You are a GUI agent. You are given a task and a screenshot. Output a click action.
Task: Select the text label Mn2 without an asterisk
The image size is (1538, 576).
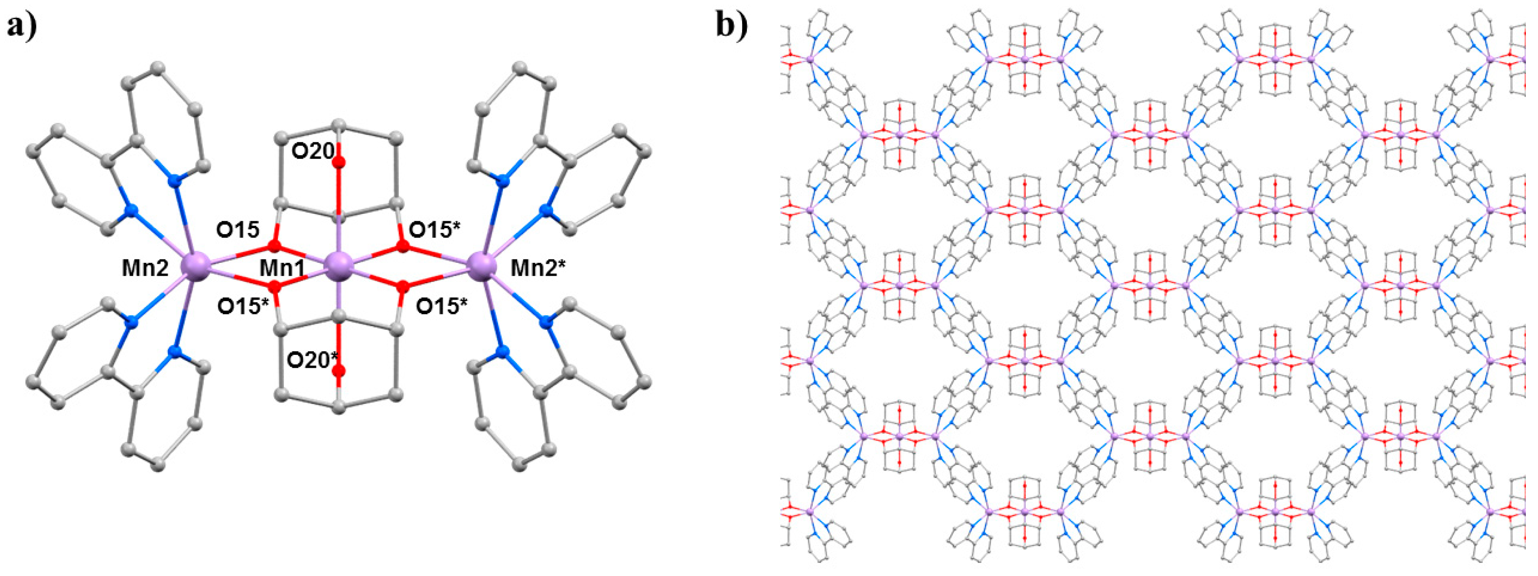click(146, 269)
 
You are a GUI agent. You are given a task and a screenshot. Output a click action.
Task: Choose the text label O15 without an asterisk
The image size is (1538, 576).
click(238, 229)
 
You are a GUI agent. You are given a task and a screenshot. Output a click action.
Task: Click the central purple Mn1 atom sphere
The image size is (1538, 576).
click(339, 263)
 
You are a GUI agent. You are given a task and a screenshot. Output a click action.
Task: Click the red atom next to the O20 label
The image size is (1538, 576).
click(339, 163)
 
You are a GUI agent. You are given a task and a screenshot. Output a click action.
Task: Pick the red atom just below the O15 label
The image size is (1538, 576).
click(275, 246)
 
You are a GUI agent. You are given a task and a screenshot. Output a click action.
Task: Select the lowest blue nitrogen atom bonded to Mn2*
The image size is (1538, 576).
click(503, 352)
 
